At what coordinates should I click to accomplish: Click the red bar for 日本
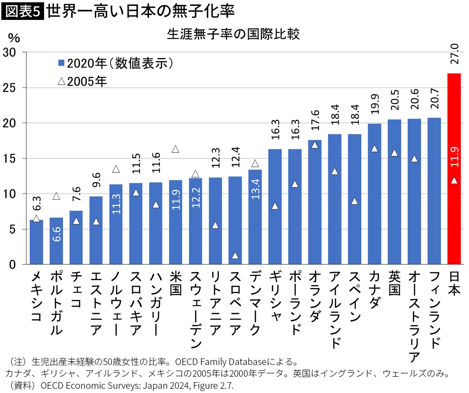tap(454, 169)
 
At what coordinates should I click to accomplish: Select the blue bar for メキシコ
tap(36, 242)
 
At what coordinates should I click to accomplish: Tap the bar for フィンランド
tap(434, 191)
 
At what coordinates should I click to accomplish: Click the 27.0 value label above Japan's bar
tap(454, 54)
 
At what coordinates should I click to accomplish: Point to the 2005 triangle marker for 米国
tap(175, 149)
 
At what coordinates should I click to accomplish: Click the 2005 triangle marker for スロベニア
tap(235, 256)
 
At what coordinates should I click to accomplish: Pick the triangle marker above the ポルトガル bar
tap(56, 196)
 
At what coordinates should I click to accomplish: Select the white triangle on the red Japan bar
tap(454, 180)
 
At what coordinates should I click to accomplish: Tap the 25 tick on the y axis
tap(9, 88)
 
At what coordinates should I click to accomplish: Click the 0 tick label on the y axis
tap(13, 265)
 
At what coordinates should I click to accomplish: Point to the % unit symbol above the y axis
tap(14, 38)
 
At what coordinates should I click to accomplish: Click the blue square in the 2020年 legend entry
tap(61, 63)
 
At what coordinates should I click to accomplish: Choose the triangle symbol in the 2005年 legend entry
tap(62, 81)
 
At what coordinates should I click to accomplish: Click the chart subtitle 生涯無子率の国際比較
tap(233, 34)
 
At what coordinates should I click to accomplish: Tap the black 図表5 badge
tap(23, 11)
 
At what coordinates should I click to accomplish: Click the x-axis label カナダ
tap(374, 290)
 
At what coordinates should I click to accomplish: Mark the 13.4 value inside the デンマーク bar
tap(255, 189)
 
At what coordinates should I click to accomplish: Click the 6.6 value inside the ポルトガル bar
tap(56, 234)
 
